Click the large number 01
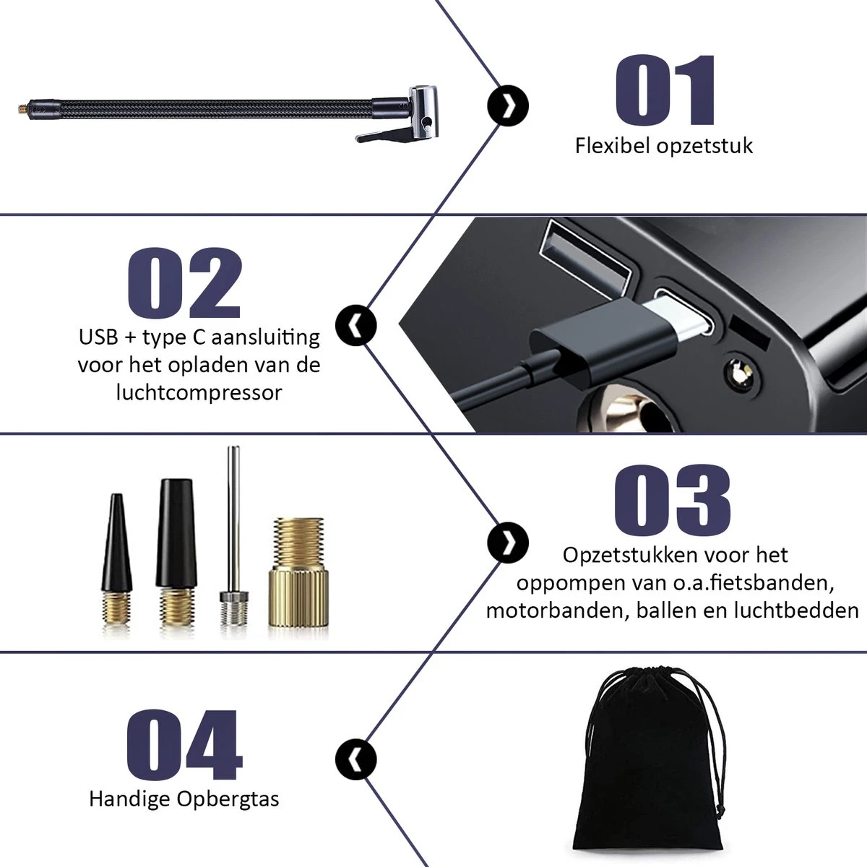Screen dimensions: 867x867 click(665, 90)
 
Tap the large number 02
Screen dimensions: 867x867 click(185, 283)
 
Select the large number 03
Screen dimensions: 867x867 click(672, 499)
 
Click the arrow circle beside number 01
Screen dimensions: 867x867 click(508, 106)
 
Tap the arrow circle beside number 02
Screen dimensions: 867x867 click(356, 325)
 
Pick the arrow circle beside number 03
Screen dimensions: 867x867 click(508, 543)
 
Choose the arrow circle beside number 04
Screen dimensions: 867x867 click(356, 760)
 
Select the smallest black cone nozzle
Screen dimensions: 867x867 click(116, 558)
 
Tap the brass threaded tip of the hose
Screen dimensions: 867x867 click(23, 108)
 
